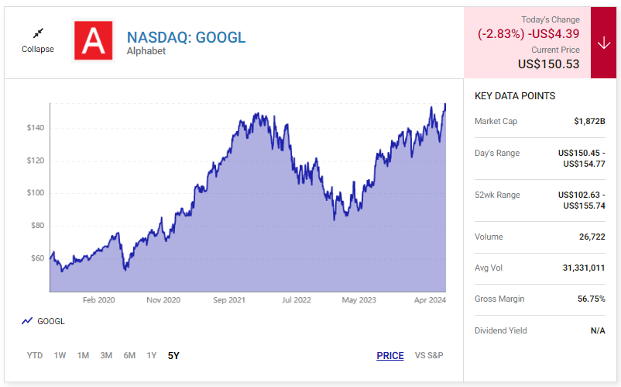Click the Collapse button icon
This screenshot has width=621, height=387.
pos(37,33)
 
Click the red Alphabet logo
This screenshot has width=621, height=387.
pos(93,40)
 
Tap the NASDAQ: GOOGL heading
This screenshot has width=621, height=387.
pos(186,37)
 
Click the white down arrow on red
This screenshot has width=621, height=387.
pos(604,43)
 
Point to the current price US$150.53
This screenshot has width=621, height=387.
pos(548,64)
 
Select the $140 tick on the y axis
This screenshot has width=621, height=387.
pos(36,128)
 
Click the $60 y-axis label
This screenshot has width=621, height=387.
pos(37,258)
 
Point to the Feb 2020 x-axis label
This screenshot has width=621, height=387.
pos(98,300)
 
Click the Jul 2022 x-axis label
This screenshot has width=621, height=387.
pos(296,300)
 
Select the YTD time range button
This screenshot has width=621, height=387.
pos(35,355)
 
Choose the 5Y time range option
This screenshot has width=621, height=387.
pos(173,355)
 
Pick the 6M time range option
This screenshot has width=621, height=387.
pos(129,355)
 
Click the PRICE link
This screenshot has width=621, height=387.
pos(390,355)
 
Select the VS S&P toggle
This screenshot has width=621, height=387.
pos(429,355)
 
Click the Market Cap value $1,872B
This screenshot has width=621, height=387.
pos(589,121)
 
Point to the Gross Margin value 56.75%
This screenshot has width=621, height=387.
pos(591,299)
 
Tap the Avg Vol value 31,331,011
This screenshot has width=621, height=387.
pos(584,268)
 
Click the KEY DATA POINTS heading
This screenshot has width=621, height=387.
pos(514,96)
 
